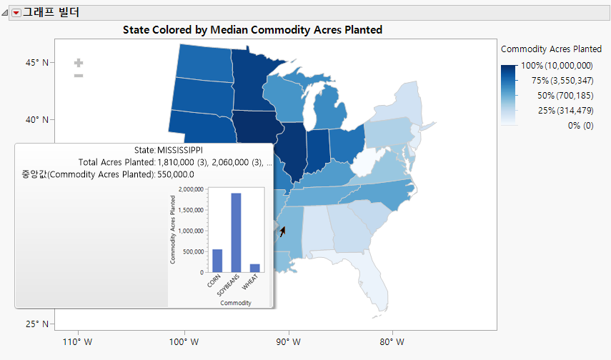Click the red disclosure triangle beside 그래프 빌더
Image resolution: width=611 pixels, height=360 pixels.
point(16,13)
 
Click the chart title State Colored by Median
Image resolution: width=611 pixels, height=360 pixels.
point(252,30)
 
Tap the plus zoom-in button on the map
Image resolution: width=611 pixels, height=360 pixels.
point(79,64)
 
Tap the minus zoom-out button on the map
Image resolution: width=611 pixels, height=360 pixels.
point(79,76)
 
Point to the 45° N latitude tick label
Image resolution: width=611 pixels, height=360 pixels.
point(36,62)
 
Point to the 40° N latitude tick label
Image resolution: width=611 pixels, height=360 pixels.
point(36,119)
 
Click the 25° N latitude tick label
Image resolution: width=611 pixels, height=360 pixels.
point(36,324)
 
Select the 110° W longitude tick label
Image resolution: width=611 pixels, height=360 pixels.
point(78,341)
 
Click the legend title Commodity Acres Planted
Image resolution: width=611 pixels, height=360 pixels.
point(551,49)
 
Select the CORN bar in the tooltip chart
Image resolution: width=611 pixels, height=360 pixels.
point(217,261)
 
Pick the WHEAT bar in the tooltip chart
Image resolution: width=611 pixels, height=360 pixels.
point(255,268)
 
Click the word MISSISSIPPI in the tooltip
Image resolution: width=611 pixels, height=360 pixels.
point(179,151)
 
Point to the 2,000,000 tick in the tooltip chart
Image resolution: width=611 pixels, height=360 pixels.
point(189,189)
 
